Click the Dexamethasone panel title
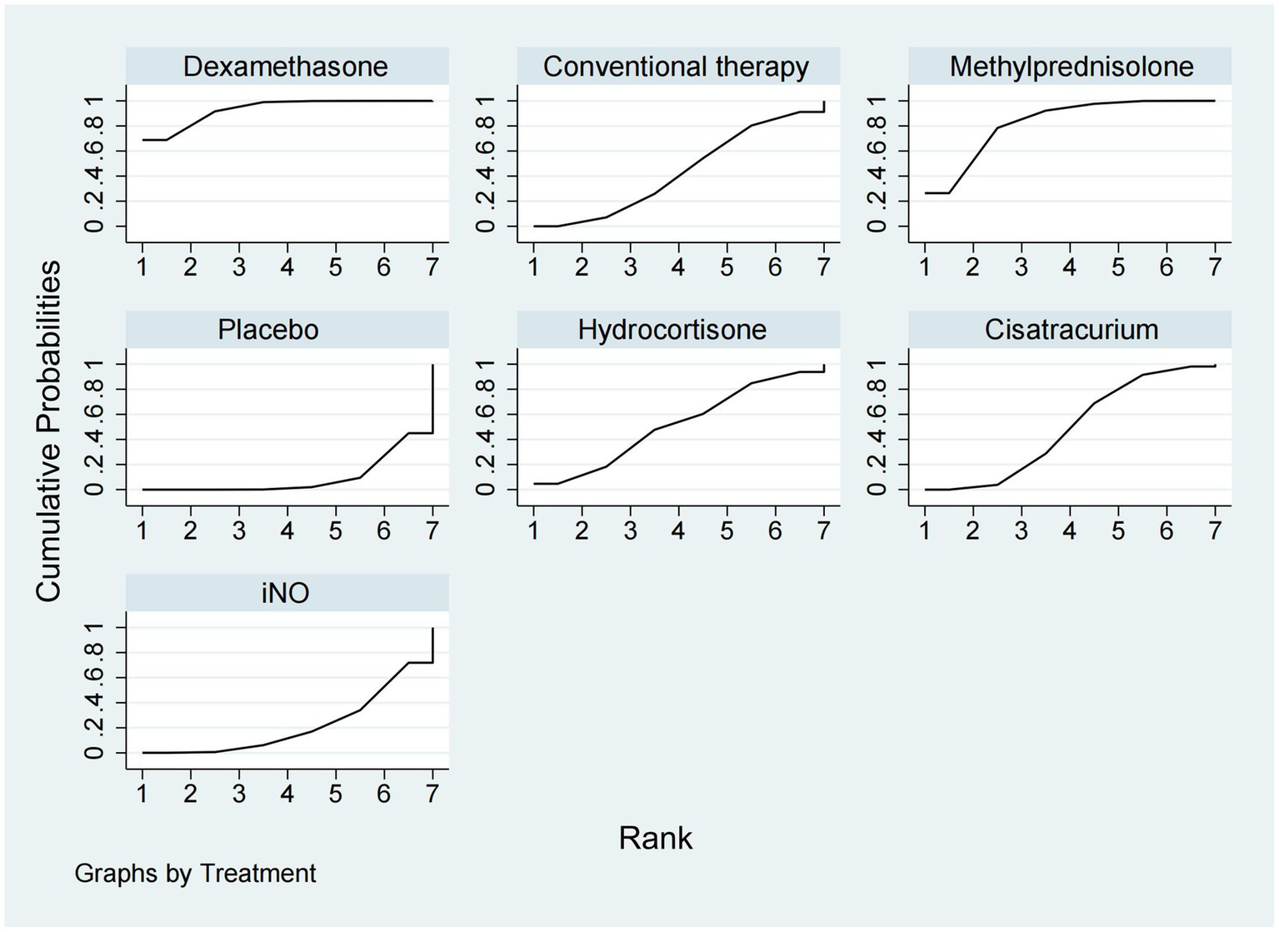286,67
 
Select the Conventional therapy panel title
676,67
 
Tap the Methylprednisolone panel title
1072,67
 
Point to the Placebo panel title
268,330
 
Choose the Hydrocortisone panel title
672,330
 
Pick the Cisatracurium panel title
1072,330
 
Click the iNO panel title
286,593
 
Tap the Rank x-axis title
656,838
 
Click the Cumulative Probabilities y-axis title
49,431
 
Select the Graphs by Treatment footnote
195,874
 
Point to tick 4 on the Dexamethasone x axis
287,267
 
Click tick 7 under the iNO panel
432,794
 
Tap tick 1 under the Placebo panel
142,531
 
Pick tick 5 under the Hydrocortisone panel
727,531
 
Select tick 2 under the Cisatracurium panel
972,531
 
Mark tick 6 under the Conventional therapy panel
775,267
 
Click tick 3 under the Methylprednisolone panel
1021,267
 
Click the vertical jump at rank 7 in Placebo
432,400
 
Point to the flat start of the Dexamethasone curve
155,140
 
